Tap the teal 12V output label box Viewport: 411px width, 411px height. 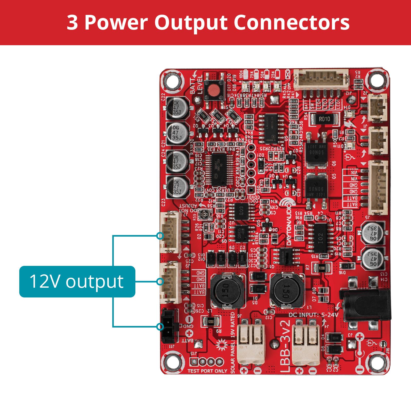[x=77, y=282]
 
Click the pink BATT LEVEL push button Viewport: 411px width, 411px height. [x=212, y=90]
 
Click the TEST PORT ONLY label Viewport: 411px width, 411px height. [x=207, y=371]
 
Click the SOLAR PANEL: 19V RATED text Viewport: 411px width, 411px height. [x=233, y=343]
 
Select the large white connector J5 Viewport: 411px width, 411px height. [x=378, y=188]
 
